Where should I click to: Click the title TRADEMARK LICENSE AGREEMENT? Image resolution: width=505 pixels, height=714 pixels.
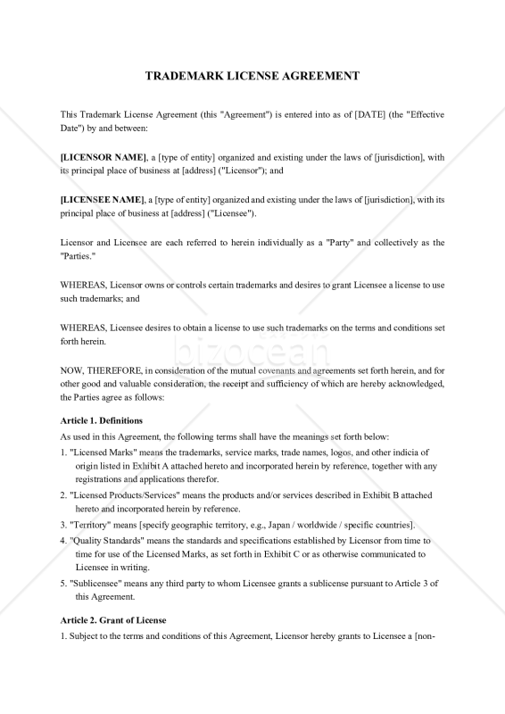[x=252, y=76]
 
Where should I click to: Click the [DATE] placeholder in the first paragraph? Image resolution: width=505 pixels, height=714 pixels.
[x=369, y=115]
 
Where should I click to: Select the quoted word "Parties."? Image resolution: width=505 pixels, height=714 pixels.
[x=78, y=255]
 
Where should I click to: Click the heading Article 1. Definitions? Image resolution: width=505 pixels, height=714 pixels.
[x=101, y=420]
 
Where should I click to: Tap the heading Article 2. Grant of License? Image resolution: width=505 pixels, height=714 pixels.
[x=112, y=619]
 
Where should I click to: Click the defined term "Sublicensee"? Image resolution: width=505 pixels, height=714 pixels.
[x=99, y=583]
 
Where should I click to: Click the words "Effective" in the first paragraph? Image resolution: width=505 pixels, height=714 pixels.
[x=419, y=115]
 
